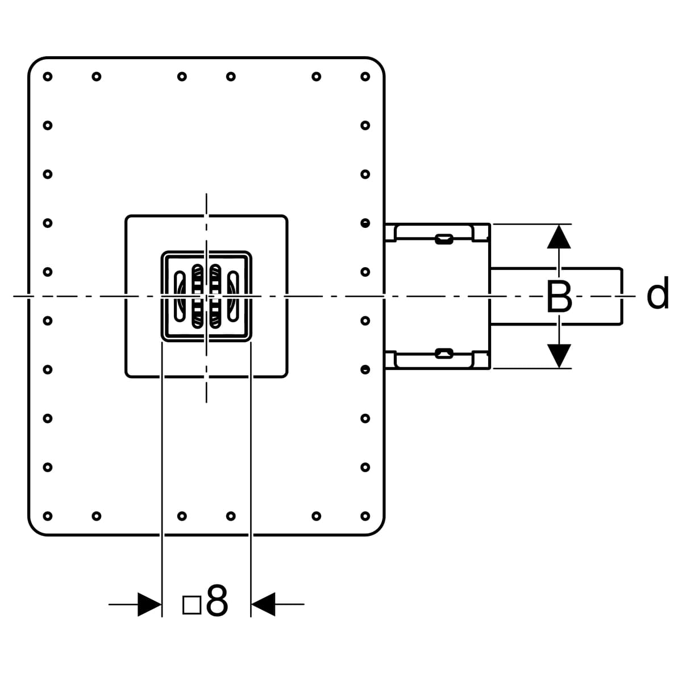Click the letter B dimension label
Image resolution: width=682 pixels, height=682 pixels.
(559, 297)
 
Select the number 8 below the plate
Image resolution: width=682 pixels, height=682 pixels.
(217, 601)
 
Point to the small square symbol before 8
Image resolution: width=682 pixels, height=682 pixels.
(192, 605)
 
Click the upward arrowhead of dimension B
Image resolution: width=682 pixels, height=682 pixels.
(559, 236)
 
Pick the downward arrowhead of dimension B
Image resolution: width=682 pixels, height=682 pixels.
(559, 356)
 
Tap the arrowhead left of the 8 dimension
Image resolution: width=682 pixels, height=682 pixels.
(149, 604)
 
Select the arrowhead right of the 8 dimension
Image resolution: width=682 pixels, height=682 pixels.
(263, 604)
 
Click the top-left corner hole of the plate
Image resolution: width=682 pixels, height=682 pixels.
(48, 76)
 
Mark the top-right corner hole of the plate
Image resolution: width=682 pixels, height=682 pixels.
(365, 76)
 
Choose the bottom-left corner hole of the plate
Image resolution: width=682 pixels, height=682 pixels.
(48, 516)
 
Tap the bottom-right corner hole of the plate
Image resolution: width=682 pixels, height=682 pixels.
(365, 516)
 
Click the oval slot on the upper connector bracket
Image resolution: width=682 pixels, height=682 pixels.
(444, 239)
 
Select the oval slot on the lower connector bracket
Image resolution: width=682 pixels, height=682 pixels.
(444, 354)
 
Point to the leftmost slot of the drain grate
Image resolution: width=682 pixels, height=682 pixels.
(180, 296)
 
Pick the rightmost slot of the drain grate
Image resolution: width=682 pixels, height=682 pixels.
(232, 296)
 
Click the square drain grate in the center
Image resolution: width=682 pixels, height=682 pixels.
(206, 296)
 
